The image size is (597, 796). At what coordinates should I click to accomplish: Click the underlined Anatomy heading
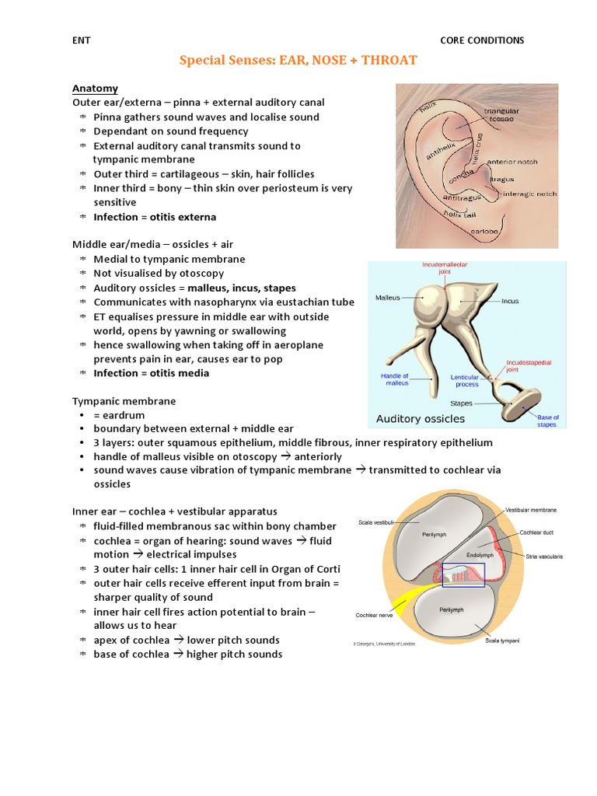[x=95, y=88]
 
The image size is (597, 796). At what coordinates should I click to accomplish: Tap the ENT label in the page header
[x=82, y=40]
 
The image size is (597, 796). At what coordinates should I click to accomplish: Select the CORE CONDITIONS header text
[x=482, y=40]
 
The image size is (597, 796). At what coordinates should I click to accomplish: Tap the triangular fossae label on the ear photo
[x=501, y=116]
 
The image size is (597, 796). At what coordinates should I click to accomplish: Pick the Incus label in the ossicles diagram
[x=510, y=301]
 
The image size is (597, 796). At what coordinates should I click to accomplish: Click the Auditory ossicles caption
[x=421, y=419]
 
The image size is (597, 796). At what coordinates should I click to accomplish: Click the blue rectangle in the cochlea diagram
[x=463, y=574]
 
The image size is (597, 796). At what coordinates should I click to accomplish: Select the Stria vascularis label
[x=544, y=557]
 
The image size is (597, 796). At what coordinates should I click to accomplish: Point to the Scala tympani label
[x=502, y=640]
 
